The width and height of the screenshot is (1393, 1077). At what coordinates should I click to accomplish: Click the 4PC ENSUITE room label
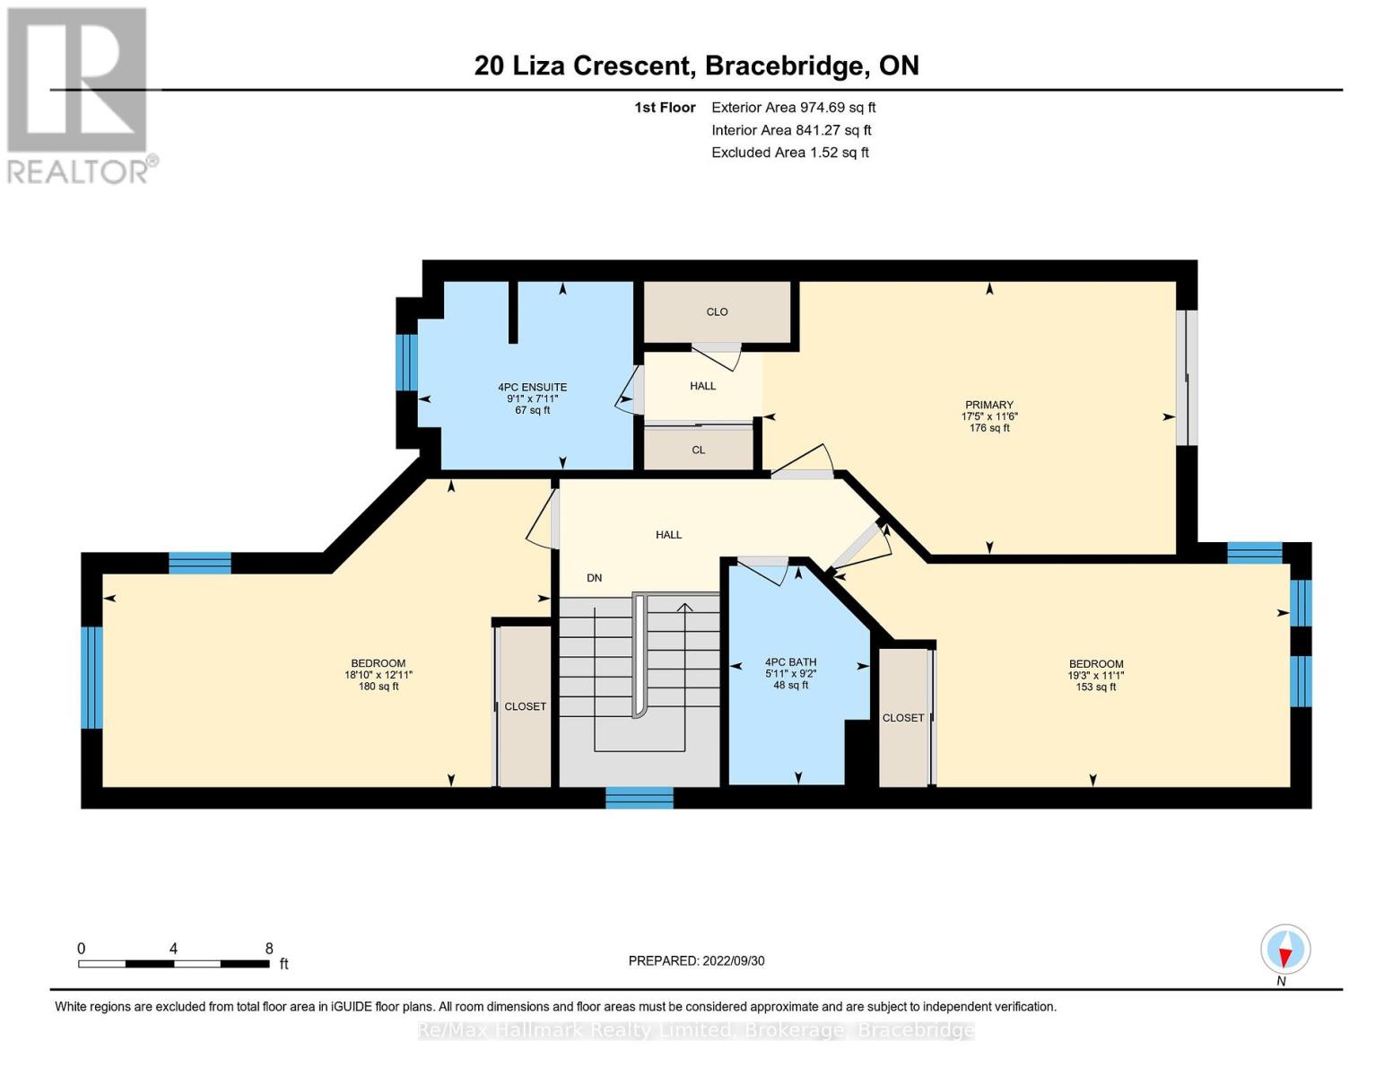click(x=532, y=388)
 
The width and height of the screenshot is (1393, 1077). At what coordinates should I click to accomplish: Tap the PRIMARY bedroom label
click(x=988, y=405)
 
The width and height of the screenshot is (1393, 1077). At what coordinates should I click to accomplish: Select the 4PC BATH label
click(x=790, y=662)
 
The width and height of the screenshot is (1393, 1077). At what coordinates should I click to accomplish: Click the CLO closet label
click(x=717, y=312)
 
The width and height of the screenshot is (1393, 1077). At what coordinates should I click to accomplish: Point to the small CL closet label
click(x=698, y=451)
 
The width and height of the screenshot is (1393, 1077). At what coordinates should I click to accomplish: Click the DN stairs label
click(x=594, y=578)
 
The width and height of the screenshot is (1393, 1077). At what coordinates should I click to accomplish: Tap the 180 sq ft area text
click(x=379, y=687)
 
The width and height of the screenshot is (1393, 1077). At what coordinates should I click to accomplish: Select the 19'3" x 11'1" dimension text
click(x=1095, y=676)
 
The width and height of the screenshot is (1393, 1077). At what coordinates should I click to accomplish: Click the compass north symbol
click(x=1285, y=950)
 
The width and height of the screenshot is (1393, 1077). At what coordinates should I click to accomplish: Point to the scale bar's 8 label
click(x=269, y=949)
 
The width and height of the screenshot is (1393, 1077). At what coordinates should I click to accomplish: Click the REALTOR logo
click(x=78, y=94)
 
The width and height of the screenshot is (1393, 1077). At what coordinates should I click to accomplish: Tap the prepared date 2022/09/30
click(x=696, y=961)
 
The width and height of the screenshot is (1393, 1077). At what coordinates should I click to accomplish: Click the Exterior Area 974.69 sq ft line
click(x=793, y=108)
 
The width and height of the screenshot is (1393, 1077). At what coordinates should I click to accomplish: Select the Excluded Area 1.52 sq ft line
click(x=789, y=153)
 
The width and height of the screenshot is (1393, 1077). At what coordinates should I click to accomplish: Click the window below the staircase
click(x=639, y=797)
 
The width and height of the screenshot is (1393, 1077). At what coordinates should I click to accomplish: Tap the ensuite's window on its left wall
click(x=406, y=363)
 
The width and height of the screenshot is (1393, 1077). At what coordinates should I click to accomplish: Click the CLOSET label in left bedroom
click(x=525, y=706)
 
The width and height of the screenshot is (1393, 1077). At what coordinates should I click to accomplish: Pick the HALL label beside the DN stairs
click(x=668, y=535)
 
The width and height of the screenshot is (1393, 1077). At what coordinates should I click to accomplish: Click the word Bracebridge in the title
click(x=786, y=66)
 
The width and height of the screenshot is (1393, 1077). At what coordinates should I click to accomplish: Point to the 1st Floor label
click(x=665, y=108)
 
